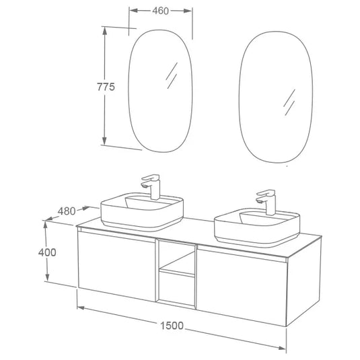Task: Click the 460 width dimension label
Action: (x=160, y=10)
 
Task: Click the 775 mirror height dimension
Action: (x=106, y=87)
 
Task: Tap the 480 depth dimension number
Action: (x=66, y=211)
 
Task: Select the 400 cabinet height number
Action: (x=28, y=252)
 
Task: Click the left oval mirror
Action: (x=160, y=93)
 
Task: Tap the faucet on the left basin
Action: (x=153, y=186)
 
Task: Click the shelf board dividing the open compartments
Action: (x=176, y=271)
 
